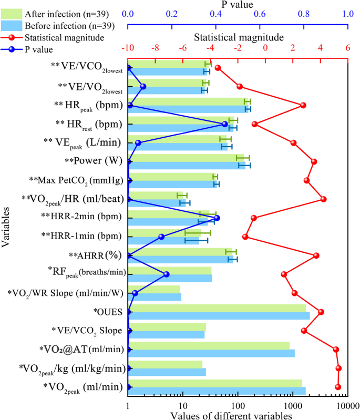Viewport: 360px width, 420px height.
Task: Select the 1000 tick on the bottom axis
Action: point(292,406)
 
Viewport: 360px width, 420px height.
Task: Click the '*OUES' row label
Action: point(108,312)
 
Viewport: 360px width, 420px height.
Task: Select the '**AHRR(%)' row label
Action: point(95,255)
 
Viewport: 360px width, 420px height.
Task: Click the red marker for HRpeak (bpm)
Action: point(303,105)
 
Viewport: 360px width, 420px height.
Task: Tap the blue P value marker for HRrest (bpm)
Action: point(225,124)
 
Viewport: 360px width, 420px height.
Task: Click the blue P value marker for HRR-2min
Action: point(217,218)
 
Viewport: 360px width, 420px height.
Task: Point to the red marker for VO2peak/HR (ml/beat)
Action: point(324,199)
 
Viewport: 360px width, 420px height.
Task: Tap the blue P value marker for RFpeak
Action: point(167,274)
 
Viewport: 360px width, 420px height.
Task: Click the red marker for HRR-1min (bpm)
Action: point(245,237)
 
